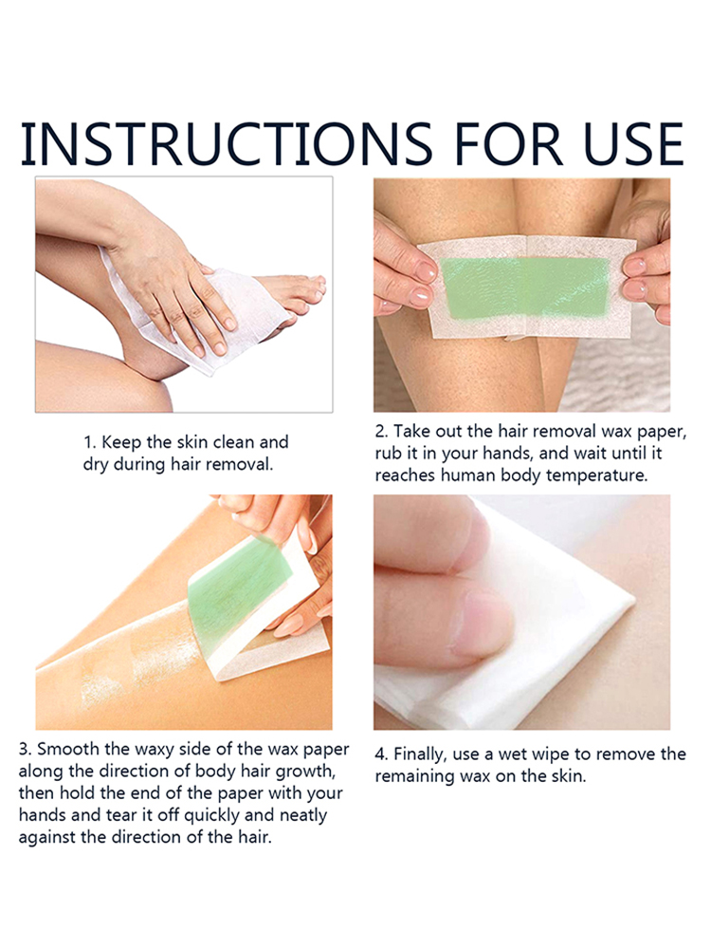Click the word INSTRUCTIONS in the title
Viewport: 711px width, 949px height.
pos(227,144)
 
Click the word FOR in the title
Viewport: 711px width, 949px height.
pos(507,144)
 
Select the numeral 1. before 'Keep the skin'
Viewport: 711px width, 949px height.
pos(89,442)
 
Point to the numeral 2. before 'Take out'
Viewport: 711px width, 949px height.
pos(381,432)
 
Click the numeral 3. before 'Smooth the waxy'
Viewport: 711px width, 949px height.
pos(26,750)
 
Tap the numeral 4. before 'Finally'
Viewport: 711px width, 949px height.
pos(381,754)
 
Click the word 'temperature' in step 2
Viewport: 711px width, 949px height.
pos(596,475)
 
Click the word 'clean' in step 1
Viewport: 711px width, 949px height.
pos(233,442)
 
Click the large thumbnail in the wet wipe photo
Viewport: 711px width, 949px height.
pos(479,625)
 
